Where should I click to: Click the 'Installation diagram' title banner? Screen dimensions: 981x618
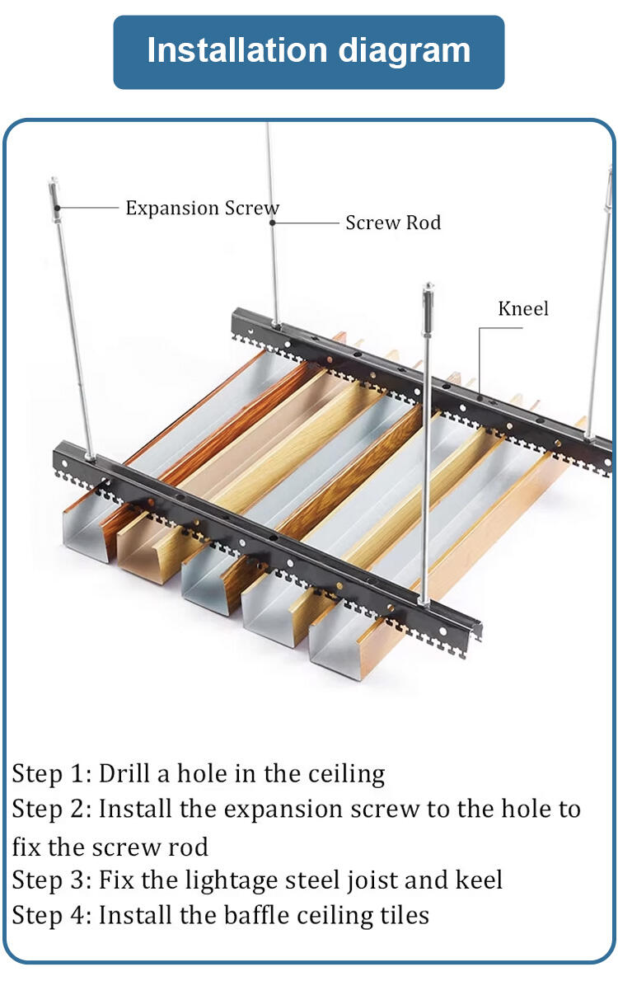point(308,52)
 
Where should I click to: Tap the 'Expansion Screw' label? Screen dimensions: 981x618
point(202,209)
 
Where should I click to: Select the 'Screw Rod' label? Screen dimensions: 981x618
point(393,223)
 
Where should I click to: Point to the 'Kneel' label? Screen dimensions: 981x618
point(522,309)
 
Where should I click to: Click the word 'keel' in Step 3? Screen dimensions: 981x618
point(479,880)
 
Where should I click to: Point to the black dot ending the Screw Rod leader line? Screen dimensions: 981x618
point(273,223)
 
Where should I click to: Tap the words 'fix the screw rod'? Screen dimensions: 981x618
point(110,846)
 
